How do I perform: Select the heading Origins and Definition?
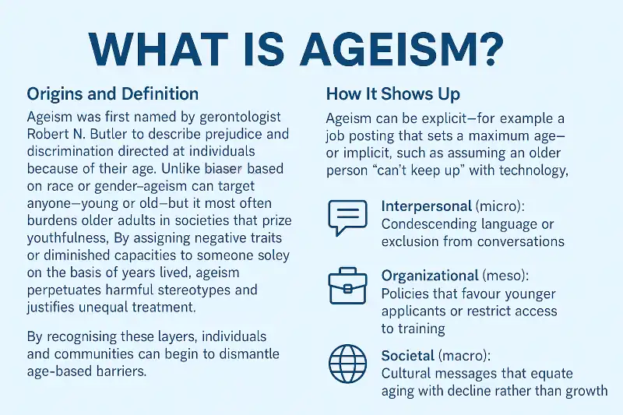point(113,94)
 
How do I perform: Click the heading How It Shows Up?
point(392,94)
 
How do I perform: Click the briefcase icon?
point(347,287)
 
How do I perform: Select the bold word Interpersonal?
point(427,207)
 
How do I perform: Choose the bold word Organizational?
point(430,276)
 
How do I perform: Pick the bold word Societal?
point(407,356)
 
